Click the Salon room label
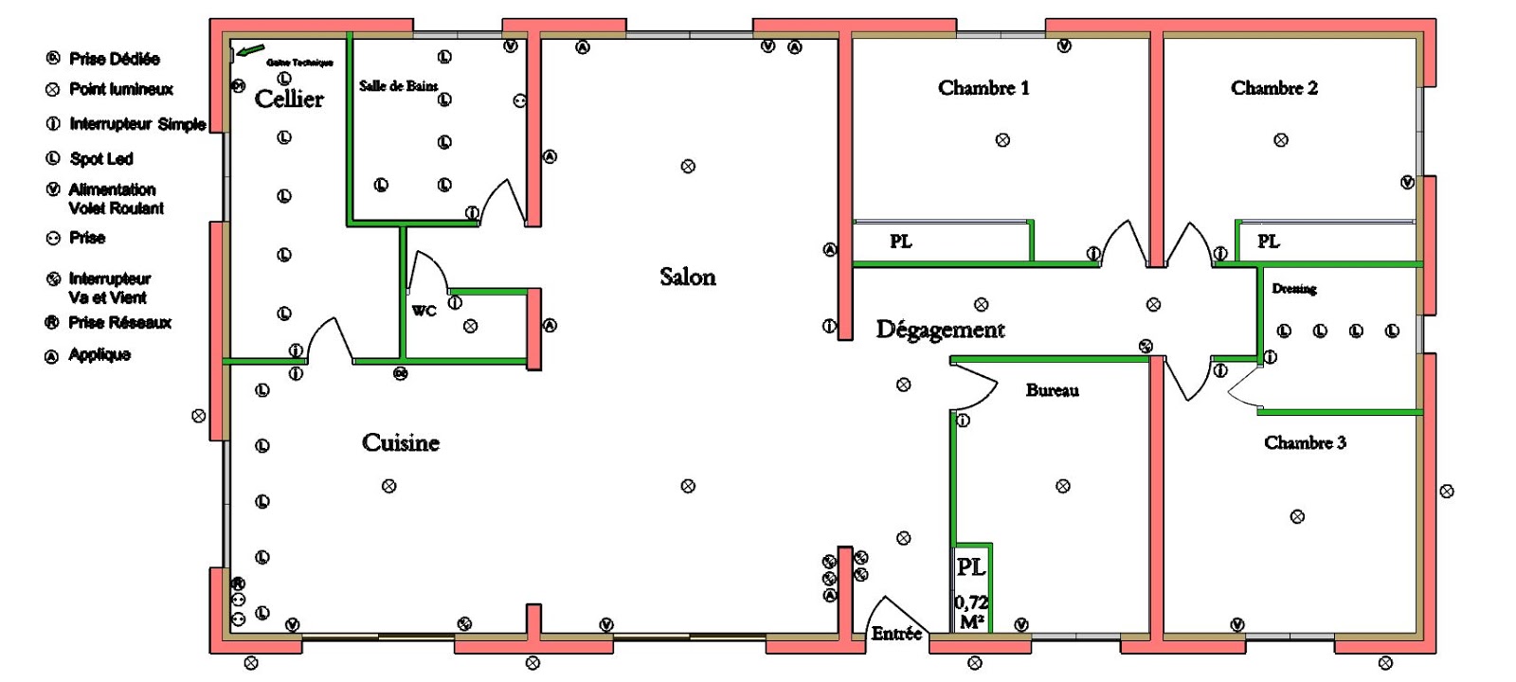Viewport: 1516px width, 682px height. click(x=688, y=277)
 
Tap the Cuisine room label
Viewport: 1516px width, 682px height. click(x=401, y=442)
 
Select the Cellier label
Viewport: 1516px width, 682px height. click(x=289, y=99)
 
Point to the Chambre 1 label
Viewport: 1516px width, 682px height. click(x=984, y=88)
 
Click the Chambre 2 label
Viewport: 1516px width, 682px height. click(x=1274, y=88)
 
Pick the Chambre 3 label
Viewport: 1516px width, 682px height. click(x=1305, y=442)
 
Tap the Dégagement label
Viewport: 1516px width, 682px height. click(x=940, y=330)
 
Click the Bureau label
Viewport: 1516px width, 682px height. click(x=1052, y=390)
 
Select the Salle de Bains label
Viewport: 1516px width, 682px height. click(x=398, y=86)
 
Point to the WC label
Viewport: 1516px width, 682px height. click(x=424, y=311)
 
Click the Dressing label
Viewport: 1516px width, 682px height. click(x=1294, y=289)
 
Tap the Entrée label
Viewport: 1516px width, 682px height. click(x=896, y=634)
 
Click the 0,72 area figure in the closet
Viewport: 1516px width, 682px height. click(x=971, y=601)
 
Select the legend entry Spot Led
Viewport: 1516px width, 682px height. click(x=100, y=158)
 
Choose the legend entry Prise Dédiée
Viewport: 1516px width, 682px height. click(x=114, y=59)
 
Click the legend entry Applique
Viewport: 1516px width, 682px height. click(x=99, y=354)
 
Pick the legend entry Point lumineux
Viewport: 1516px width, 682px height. click(x=120, y=89)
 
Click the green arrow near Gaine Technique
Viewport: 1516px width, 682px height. click(x=250, y=50)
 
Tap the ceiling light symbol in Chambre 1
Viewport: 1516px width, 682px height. click(x=1002, y=140)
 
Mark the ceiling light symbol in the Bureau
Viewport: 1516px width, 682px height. click(x=1063, y=486)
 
